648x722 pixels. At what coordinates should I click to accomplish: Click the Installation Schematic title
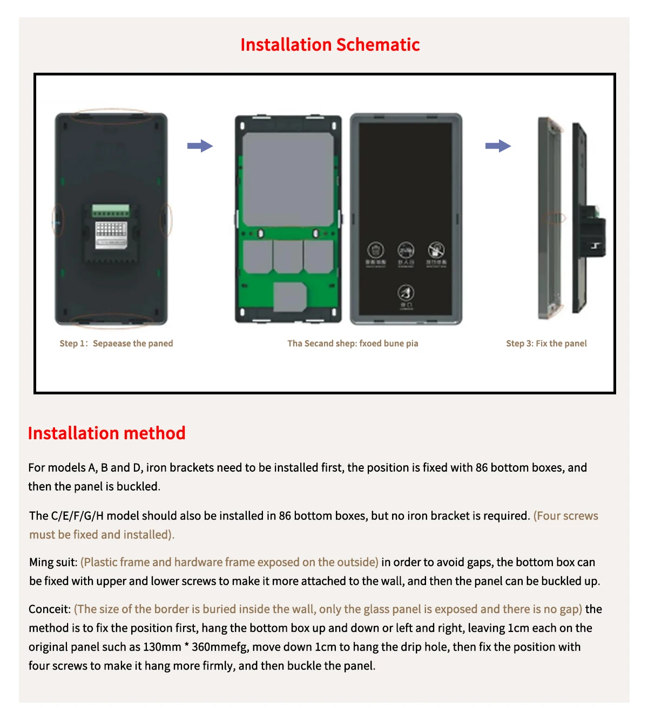330,45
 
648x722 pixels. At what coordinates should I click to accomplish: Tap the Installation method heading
106,433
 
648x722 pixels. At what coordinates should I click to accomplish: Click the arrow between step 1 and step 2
200,146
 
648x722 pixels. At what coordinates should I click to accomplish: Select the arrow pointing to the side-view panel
497,146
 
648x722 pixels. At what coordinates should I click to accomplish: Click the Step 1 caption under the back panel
116,344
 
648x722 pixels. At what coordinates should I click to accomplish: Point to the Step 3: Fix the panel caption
546,344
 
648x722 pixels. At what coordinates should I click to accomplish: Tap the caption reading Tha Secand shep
353,344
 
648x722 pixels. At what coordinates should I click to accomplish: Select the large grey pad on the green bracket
288,179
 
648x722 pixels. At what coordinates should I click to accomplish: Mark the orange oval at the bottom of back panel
112,321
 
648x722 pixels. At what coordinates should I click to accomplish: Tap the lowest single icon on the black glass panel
406,294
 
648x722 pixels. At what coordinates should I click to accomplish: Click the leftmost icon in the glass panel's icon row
375,250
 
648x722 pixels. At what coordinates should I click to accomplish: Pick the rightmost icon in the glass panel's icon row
436,250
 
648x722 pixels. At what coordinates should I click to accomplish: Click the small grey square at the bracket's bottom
290,297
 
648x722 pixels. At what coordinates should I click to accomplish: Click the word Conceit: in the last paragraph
50,609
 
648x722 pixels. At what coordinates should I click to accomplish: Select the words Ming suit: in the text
53,562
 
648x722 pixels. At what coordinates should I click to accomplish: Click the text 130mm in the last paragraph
162,647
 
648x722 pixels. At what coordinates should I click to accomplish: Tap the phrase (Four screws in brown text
565,516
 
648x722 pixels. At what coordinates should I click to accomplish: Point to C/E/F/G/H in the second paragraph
77,516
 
